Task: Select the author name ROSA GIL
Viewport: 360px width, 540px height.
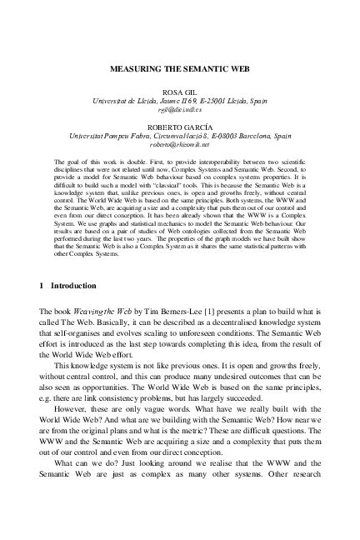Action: pyautogui.click(x=179, y=89)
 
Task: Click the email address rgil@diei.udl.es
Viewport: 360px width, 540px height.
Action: pyautogui.click(x=179, y=109)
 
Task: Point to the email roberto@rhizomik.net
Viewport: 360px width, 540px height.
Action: pyautogui.click(x=179, y=142)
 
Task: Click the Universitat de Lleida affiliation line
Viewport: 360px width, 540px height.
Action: pyautogui.click(x=179, y=99)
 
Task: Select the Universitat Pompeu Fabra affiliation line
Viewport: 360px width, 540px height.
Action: pyautogui.click(x=179, y=132)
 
